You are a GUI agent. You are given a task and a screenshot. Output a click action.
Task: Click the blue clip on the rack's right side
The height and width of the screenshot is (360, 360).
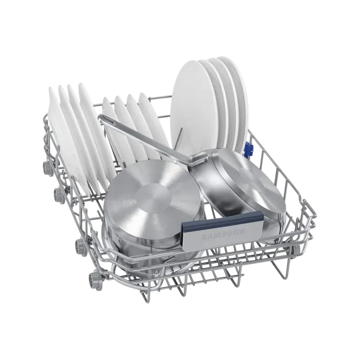[x=249, y=147]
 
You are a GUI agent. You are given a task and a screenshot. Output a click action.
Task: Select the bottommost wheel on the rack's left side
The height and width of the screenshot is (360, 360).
[x=93, y=278]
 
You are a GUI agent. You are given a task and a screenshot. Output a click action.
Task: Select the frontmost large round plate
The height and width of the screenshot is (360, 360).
[x=195, y=101]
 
